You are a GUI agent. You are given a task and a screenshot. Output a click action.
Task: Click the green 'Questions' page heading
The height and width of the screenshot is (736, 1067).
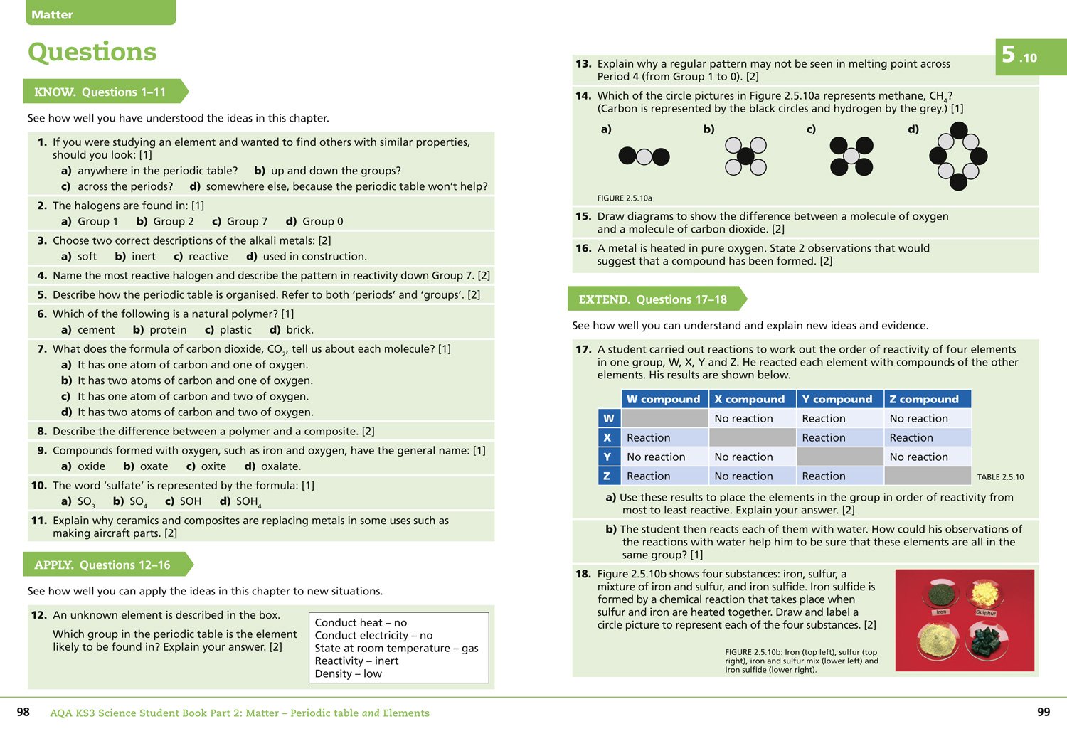coord(92,52)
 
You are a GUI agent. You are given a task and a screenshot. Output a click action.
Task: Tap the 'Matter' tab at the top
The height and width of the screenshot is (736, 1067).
coord(53,14)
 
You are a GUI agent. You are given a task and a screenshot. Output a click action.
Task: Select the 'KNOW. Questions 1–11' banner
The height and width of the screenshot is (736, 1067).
coord(100,92)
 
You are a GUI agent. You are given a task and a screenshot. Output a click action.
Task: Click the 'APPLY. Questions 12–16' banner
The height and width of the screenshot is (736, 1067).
coord(102,565)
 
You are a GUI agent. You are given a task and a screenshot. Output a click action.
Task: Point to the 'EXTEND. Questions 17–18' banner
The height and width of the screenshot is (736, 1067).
coord(652,299)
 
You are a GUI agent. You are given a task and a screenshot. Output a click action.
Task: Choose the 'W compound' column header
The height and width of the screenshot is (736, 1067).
coord(664,399)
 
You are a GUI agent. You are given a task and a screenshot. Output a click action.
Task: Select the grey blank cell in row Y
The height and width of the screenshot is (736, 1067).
coord(839,457)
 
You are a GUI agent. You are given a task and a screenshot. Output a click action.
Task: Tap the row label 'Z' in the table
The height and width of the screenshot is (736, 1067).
coord(608,476)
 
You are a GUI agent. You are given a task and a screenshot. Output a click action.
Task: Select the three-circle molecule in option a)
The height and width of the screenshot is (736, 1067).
coord(644,156)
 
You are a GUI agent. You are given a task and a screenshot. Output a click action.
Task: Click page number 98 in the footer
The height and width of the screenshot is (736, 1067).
coord(23,712)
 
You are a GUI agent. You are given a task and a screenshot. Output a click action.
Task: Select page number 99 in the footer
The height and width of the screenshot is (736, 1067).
coord(1044,712)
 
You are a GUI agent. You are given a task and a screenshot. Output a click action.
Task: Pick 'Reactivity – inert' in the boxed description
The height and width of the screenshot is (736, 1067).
coord(356,661)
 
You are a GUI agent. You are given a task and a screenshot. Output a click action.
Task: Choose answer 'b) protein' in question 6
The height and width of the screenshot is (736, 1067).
coord(160,329)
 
